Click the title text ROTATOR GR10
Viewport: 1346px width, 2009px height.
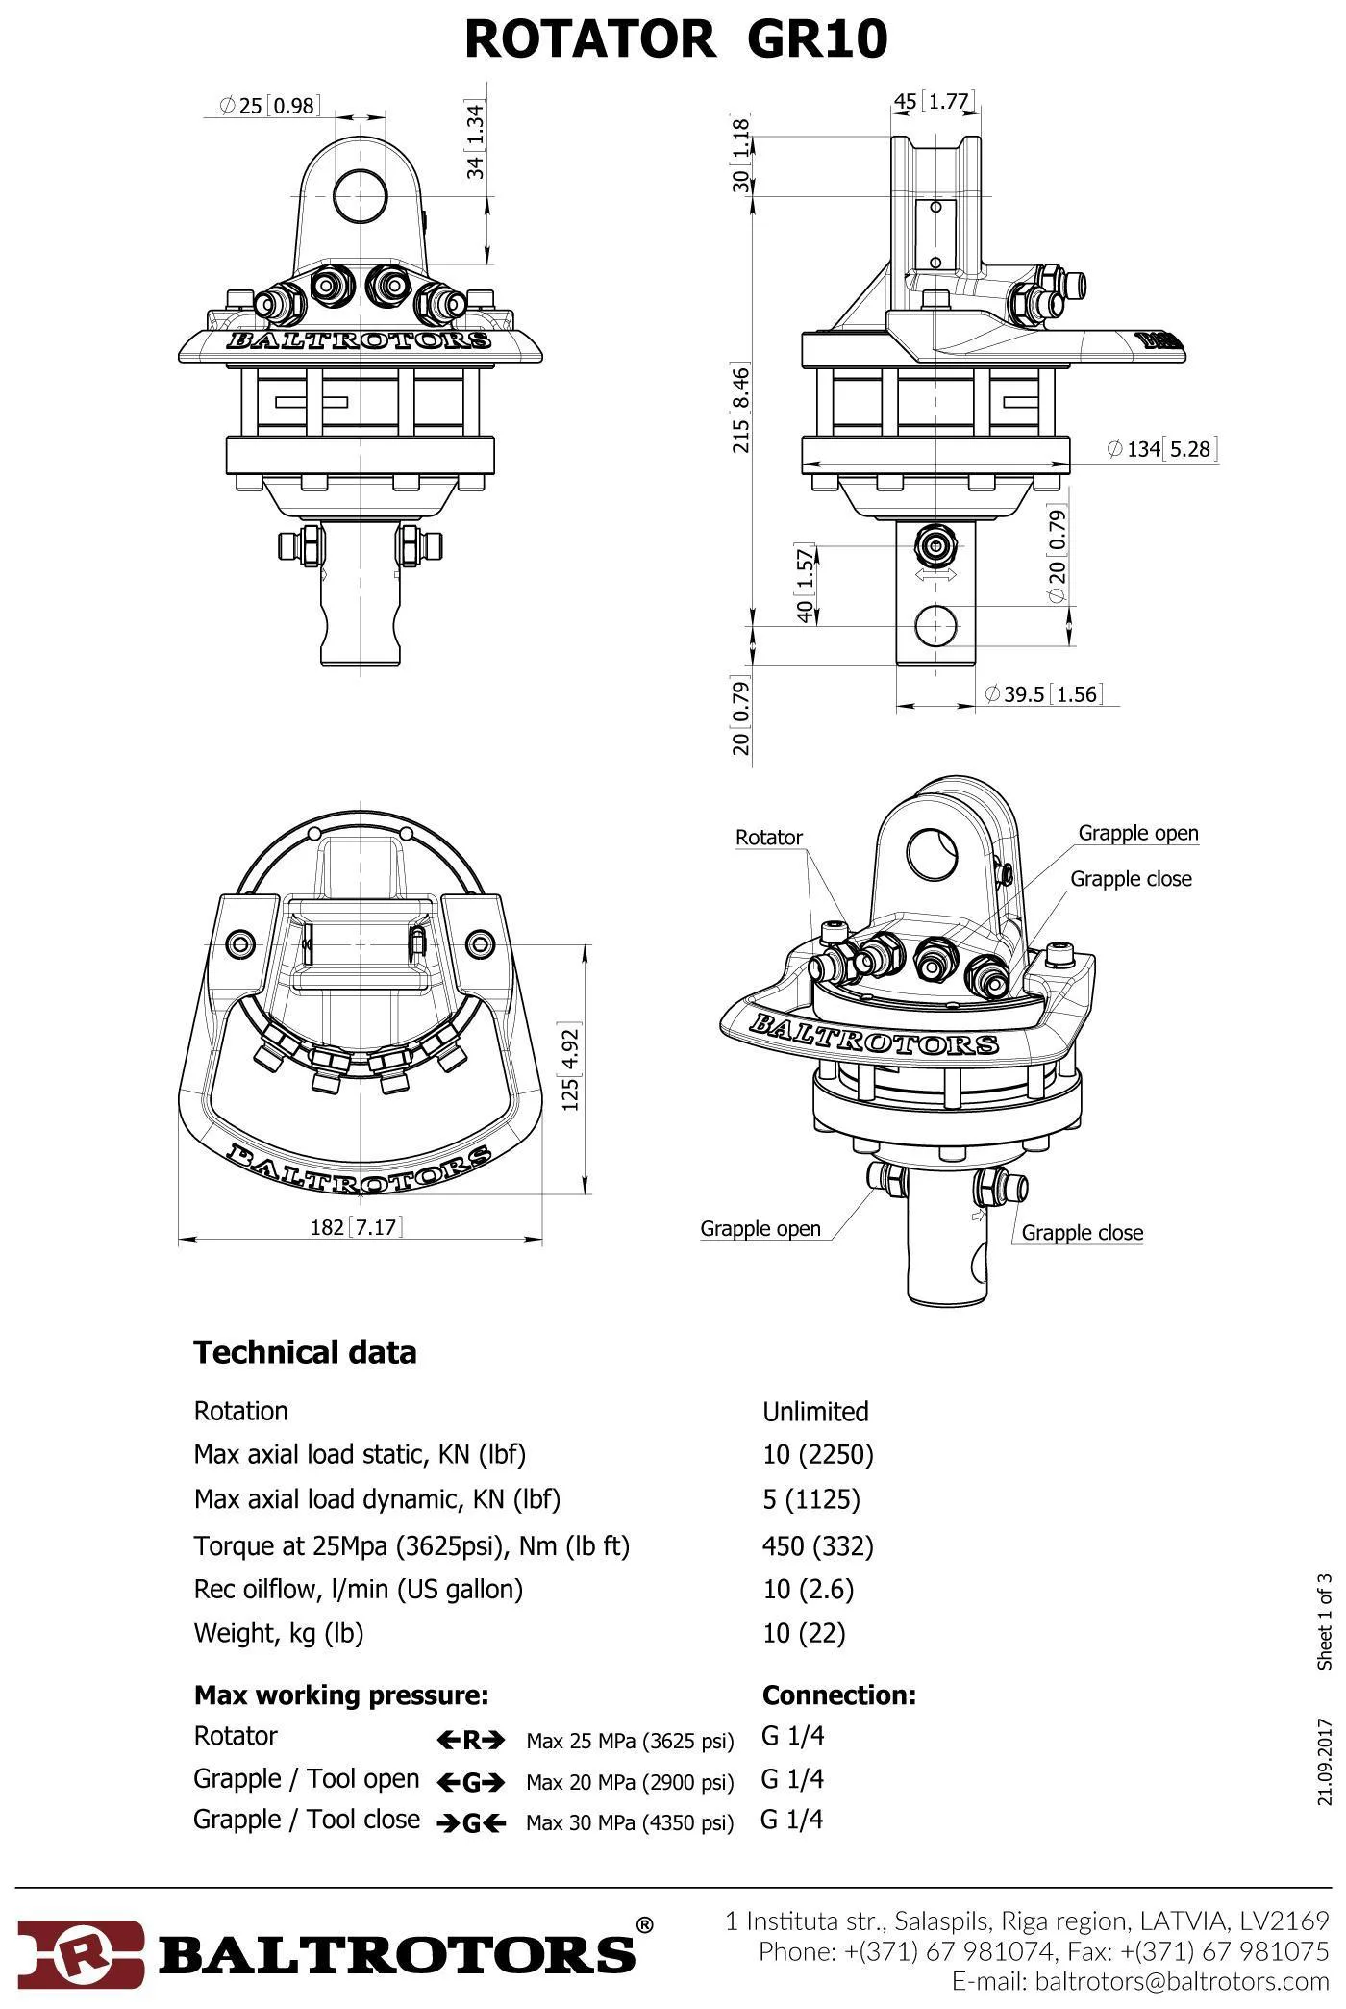pyautogui.click(x=676, y=40)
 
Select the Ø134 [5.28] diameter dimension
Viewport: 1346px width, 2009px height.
pyautogui.click(x=1161, y=449)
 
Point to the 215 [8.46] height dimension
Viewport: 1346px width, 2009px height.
pyautogui.click(x=741, y=410)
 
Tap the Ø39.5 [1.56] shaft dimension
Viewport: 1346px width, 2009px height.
pyautogui.click(x=1043, y=694)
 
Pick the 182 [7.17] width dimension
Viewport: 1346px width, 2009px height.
pyautogui.click(x=355, y=1227)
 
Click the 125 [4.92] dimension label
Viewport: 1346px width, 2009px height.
pyautogui.click(x=570, y=1070)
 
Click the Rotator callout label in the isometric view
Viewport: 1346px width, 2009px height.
pyautogui.click(x=768, y=838)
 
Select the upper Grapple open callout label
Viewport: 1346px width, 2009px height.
pyautogui.click(x=1137, y=833)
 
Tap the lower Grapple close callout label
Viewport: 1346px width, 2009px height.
pyautogui.click(x=1082, y=1233)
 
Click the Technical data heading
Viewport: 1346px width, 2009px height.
pyautogui.click(x=305, y=1353)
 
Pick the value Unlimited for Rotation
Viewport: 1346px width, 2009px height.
pyautogui.click(x=815, y=1412)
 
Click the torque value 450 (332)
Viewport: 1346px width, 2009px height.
pyautogui.click(x=817, y=1546)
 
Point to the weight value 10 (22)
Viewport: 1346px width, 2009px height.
pyautogui.click(x=804, y=1633)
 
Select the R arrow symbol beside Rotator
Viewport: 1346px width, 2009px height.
pyautogui.click(x=470, y=1740)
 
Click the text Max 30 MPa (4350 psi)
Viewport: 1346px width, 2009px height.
pyautogui.click(x=629, y=1822)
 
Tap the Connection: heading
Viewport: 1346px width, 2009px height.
pyautogui.click(x=838, y=1695)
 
